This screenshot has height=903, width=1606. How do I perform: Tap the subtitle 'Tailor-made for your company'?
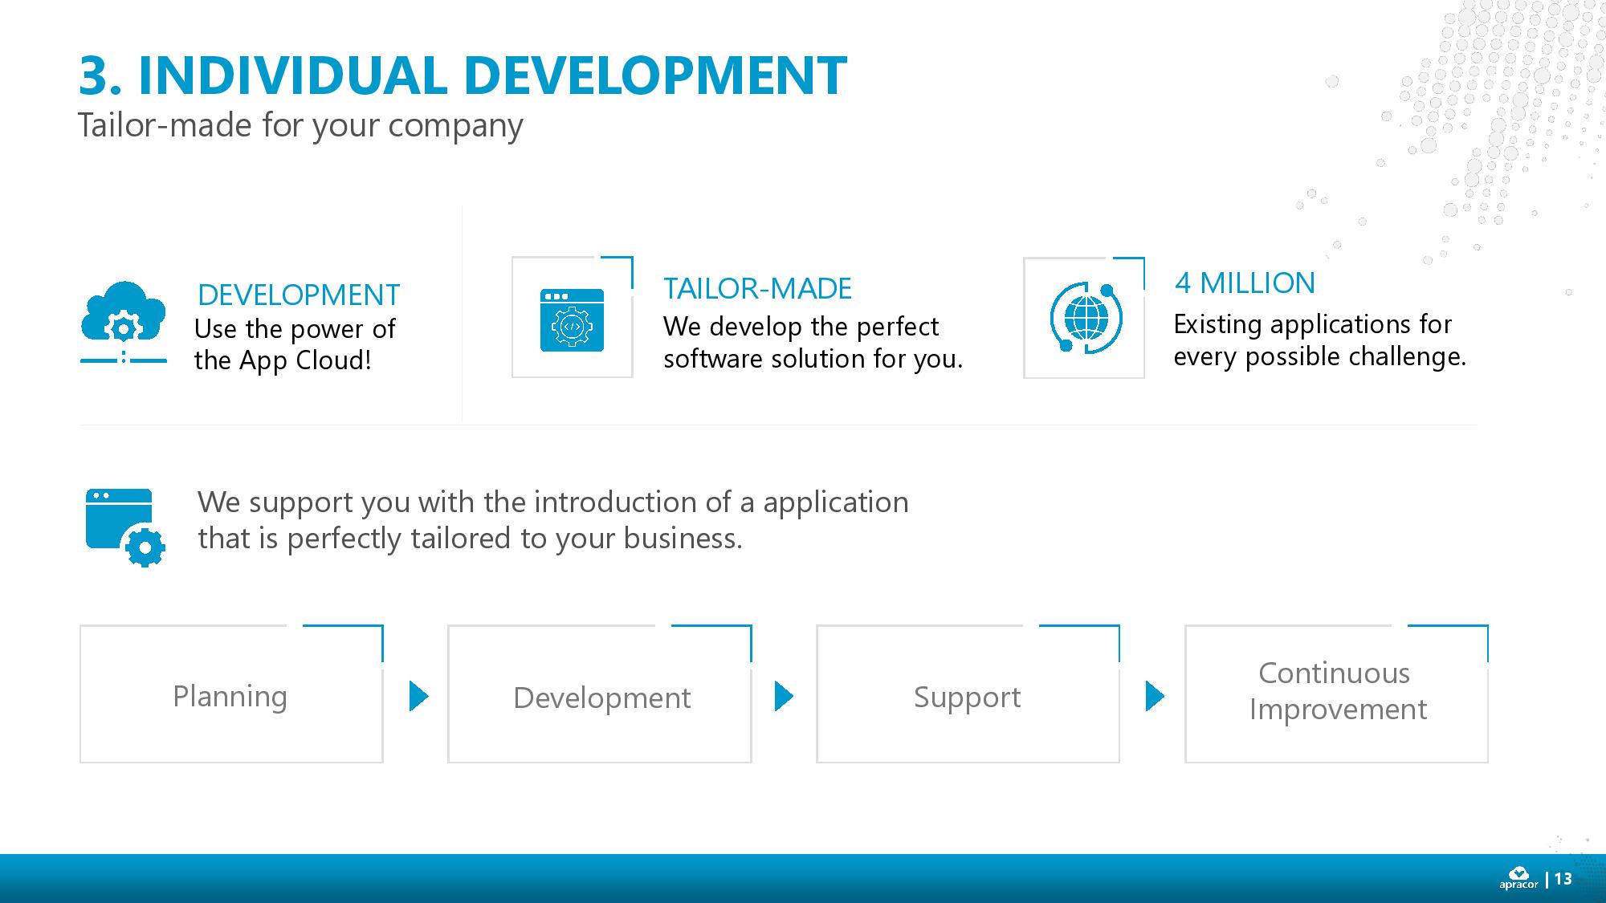pos(300,125)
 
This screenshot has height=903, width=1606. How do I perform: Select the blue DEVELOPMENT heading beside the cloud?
pos(298,295)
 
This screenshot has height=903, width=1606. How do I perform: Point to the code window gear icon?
pos(572,320)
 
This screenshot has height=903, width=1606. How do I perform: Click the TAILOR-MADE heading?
pos(757,288)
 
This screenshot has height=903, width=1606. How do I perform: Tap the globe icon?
pos(1086,318)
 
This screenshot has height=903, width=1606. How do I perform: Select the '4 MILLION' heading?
pos(1245,283)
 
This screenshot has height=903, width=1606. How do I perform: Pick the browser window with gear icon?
pos(124,527)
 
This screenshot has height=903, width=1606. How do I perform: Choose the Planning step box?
pos(230,695)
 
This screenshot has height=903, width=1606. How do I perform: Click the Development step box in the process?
pos(600,695)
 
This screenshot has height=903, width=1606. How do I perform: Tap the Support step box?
pos(967,695)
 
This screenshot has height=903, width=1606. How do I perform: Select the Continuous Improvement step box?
pos(1336,694)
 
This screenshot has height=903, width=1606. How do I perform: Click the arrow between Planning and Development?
pos(418,696)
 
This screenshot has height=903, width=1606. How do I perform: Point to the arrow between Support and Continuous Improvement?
pos(1154,696)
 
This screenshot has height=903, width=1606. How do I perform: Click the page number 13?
pos(1563,879)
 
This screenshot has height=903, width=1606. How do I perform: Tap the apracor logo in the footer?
pos(1518,878)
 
